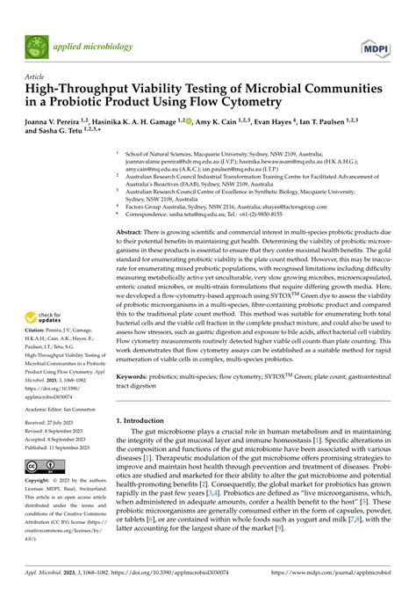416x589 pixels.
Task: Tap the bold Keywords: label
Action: pos(137,373)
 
